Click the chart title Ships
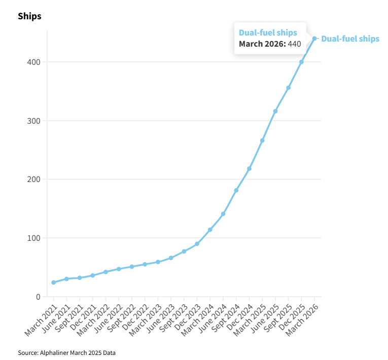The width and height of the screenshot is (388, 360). point(29,16)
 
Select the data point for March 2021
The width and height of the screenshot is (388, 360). point(53,282)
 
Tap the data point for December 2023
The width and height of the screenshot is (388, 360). point(197,244)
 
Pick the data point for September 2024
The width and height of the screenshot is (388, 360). point(236,190)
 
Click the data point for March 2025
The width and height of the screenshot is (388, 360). point(262,140)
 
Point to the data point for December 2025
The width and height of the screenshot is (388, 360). point(301,62)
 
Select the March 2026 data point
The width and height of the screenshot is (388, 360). point(314,39)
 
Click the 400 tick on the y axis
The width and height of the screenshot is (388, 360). point(33,62)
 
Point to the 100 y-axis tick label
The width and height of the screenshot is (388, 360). point(33,238)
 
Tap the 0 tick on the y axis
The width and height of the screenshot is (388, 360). point(38,297)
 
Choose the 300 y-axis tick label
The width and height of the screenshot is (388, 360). point(33,121)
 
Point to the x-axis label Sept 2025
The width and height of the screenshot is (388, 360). point(277,318)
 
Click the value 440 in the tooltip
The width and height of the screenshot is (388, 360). point(295,44)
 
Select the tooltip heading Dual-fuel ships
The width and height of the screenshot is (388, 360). point(268,32)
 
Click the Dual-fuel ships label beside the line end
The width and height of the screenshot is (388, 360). point(350,39)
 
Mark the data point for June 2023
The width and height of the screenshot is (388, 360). point(171,258)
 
